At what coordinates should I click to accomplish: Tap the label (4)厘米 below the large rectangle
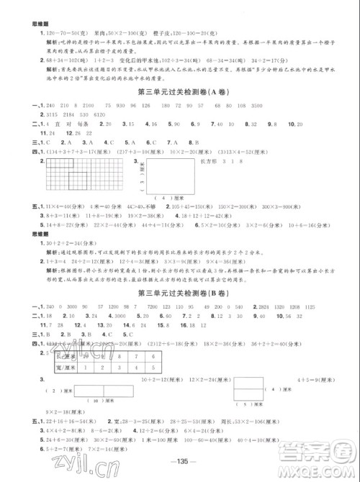167,217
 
